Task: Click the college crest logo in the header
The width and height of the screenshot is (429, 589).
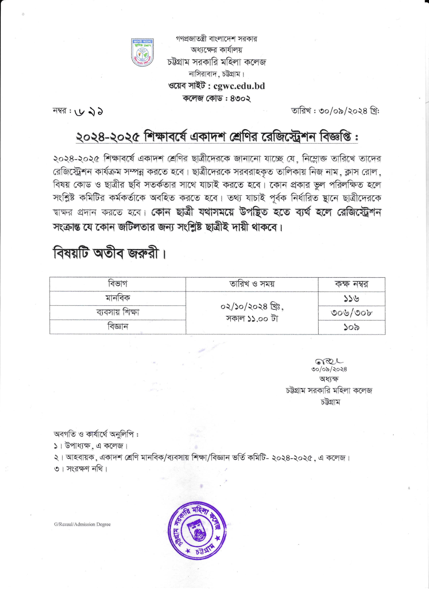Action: pos(142,52)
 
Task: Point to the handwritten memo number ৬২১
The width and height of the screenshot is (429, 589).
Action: pos(89,112)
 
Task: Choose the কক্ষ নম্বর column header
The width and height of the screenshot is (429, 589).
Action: pos(351,284)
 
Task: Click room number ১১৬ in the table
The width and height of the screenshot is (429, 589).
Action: pos(351,298)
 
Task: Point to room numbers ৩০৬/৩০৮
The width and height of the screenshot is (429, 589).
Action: pos(351,312)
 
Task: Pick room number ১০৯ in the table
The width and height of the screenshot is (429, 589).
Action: pos(351,327)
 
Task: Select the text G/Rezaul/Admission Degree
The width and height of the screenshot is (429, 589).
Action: pos(82,524)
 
